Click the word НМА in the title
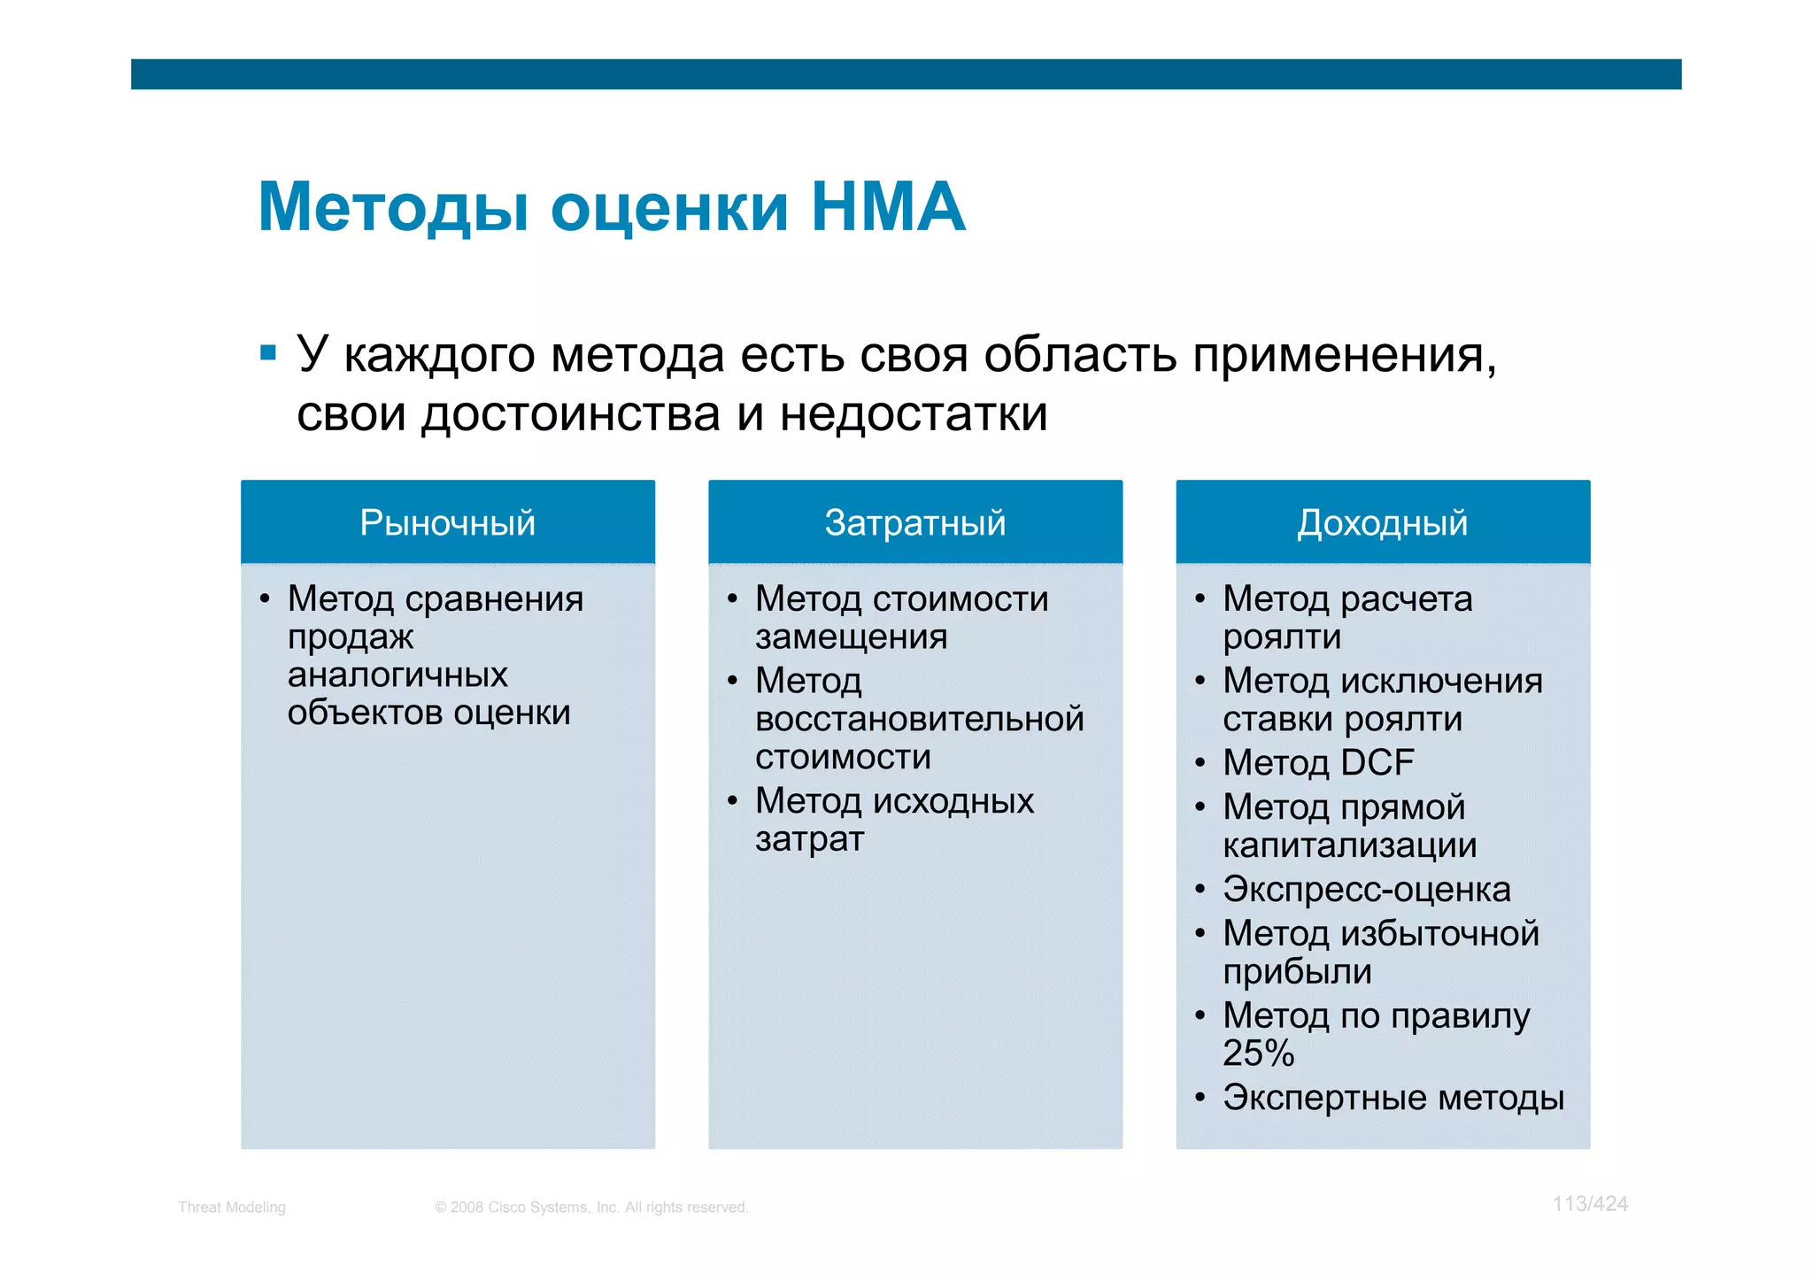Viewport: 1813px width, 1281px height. pos(888,207)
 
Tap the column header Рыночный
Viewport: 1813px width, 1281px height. pos(447,523)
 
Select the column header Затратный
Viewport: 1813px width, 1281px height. pos(915,523)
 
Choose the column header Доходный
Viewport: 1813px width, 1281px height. pos(1383,523)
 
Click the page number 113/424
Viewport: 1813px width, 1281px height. pos(1590,1204)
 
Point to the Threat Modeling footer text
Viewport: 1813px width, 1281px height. pos(232,1208)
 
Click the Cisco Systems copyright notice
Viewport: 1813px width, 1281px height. pos(591,1208)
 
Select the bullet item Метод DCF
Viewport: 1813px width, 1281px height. pos(1318,763)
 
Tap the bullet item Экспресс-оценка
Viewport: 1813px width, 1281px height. pos(1366,890)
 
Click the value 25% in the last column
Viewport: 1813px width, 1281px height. pos(1258,1053)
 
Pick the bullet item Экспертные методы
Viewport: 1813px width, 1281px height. pos(1393,1098)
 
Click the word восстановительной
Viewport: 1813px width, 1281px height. pos(919,719)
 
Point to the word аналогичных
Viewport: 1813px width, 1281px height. pos(397,675)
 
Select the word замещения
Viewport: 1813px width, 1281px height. pos(851,637)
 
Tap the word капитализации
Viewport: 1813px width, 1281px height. pos(1349,845)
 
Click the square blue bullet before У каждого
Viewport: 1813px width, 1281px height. pos(268,354)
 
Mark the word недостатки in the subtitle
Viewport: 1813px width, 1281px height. pos(914,414)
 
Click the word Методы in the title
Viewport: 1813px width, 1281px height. pos(394,207)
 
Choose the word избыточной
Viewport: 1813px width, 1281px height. pos(1439,934)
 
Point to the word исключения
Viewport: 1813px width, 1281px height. pos(1441,681)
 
